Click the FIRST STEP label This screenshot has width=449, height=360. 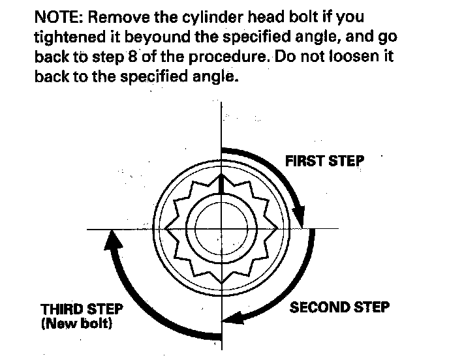pos(324,160)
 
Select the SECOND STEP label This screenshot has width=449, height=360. pos(339,307)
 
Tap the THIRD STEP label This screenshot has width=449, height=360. pos(82,308)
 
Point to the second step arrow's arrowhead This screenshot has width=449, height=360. pos(230,319)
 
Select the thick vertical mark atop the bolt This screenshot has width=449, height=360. pos(221,185)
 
